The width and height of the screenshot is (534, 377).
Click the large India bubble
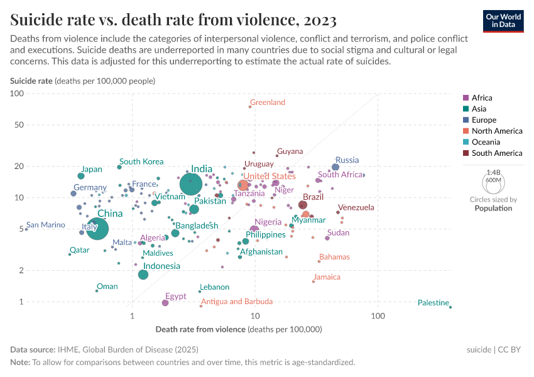pyautogui.click(x=191, y=184)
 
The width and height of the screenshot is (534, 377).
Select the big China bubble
pyautogui.click(x=96, y=229)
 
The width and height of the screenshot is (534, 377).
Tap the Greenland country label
pyautogui.click(x=268, y=102)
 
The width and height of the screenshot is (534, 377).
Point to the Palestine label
pyautogui.click(x=433, y=303)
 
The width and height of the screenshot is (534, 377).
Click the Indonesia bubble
pyautogui.click(x=143, y=275)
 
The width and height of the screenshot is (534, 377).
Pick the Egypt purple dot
pyautogui.click(x=165, y=303)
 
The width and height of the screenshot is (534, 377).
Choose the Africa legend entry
pyautogui.click(x=481, y=98)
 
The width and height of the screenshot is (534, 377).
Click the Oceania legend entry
pyautogui.click(x=484, y=142)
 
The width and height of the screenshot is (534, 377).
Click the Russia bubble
pyautogui.click(x=335, y=167)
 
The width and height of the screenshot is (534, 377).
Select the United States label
pyautogui.click(x=270, y=176)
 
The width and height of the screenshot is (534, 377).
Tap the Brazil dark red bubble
pyautogui.click(x=303, y=205)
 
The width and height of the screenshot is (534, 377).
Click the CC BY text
pyautogui.click(x=511, y=349)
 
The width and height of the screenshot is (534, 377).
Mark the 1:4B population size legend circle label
pyautogui.click(x=494, y=172)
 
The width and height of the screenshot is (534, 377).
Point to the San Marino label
pyautogui.click(x=46, y=225)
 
